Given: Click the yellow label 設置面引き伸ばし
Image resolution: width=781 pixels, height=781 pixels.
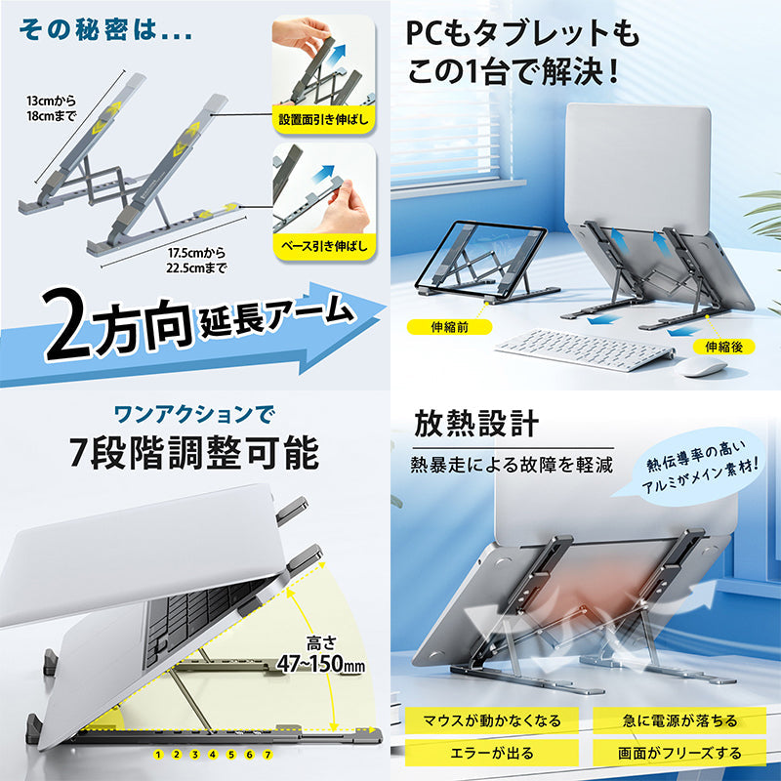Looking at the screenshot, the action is tap(323, 120).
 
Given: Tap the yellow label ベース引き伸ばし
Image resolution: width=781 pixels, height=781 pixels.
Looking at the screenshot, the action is tap(324, 246).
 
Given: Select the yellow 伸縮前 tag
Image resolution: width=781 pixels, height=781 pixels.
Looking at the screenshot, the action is tap(449, 327).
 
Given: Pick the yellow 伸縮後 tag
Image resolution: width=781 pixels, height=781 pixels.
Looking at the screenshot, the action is tap(723, 347).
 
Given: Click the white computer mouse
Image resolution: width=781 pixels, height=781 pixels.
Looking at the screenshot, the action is tap(701, 366).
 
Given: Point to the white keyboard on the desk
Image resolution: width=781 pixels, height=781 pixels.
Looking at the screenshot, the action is tap(585, 349).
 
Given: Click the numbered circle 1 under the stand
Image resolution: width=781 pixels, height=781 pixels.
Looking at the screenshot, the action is tap(158, 755).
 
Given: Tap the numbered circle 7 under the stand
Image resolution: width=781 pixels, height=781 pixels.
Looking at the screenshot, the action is tap(267, 755).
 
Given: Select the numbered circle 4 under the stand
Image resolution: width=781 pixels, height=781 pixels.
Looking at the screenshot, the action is tap(213, 755).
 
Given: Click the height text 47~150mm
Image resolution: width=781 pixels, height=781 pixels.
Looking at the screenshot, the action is tap(321, 664).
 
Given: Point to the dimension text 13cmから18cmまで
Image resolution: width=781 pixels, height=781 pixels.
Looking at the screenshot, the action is tap(52, 108).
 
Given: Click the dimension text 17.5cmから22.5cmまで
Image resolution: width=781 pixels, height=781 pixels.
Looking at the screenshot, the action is tap(196, 261).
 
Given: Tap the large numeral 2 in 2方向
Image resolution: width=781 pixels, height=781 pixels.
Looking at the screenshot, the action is tap(68, 325).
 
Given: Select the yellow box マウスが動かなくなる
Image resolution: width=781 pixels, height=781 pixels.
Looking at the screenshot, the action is tap(492, 720).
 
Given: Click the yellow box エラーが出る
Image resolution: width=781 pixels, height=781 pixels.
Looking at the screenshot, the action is tap(492, 753).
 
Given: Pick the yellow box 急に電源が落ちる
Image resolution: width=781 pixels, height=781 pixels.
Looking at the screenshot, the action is tap(679, 720).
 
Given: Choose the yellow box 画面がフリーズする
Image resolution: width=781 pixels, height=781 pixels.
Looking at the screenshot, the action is tap(679, 753).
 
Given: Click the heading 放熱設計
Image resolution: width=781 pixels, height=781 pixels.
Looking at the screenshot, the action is tap(476, 424).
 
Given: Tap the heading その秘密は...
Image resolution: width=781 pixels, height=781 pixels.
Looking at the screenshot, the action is tap(105, 30).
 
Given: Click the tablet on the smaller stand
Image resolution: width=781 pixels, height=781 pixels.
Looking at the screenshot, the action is tap(480, 260).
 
